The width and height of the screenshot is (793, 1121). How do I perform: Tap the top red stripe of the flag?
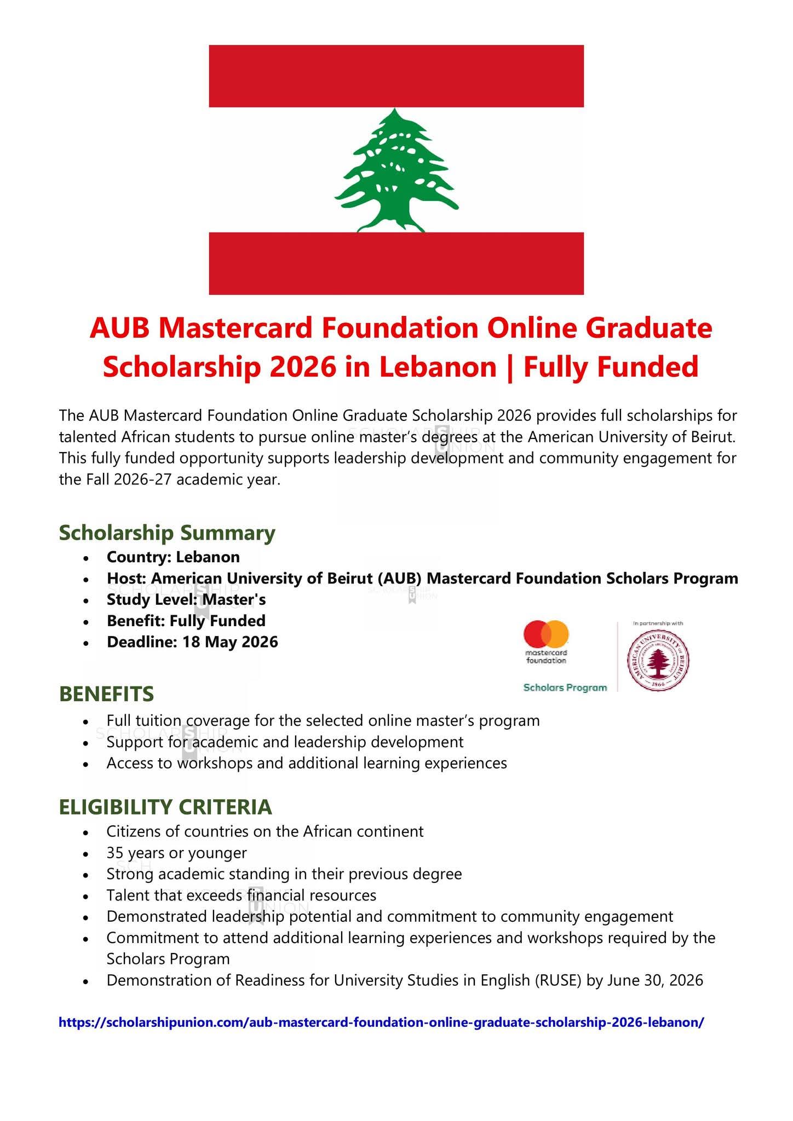tap(396, 76)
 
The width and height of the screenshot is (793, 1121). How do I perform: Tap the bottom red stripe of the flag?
tap(396, 263)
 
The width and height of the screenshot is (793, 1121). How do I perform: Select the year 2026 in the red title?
tap(300, 367)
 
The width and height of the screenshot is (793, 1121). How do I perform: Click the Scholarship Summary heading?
tap(167, 533)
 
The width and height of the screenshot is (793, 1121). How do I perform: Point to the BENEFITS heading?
tap(106, 694)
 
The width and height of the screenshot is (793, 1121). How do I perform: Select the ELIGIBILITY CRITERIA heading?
tap(165, 807)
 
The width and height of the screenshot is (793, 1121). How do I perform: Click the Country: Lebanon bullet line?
tap(173, 557)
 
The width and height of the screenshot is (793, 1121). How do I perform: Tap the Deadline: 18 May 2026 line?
tap(192, 642)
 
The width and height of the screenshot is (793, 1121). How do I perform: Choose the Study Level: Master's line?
tap(186, 600)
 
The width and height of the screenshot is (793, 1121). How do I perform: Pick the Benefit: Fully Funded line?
tap(186, 621)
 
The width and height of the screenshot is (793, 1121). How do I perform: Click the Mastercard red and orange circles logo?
tap(546, 634)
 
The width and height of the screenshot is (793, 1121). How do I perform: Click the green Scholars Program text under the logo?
tap(565, 687)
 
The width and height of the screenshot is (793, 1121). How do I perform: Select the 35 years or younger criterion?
tap(177, 853)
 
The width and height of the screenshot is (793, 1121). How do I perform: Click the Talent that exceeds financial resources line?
tap(242, 895)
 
